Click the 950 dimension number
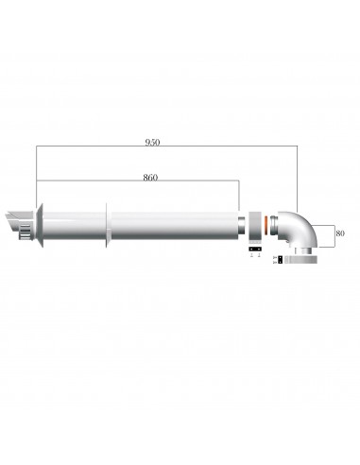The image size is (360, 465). click(x=153, y=143)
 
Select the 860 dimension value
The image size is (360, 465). click(x=150, y=177)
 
